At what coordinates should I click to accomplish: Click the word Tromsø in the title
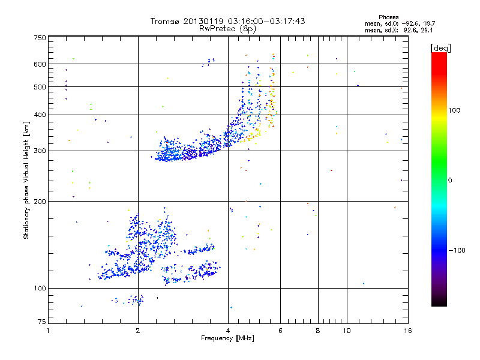(166, 21)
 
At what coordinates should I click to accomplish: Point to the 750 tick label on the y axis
(40, 38)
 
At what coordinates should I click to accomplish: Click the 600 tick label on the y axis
(40, 64)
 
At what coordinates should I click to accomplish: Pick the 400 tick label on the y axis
(40, 115)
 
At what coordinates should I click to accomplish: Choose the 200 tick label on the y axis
(40, 202)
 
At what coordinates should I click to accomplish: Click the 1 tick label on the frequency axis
(49, 331)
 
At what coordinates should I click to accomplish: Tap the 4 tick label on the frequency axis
(228, 331)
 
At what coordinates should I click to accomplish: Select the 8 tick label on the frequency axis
(318, 331)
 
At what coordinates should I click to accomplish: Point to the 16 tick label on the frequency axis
(407, 331)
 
